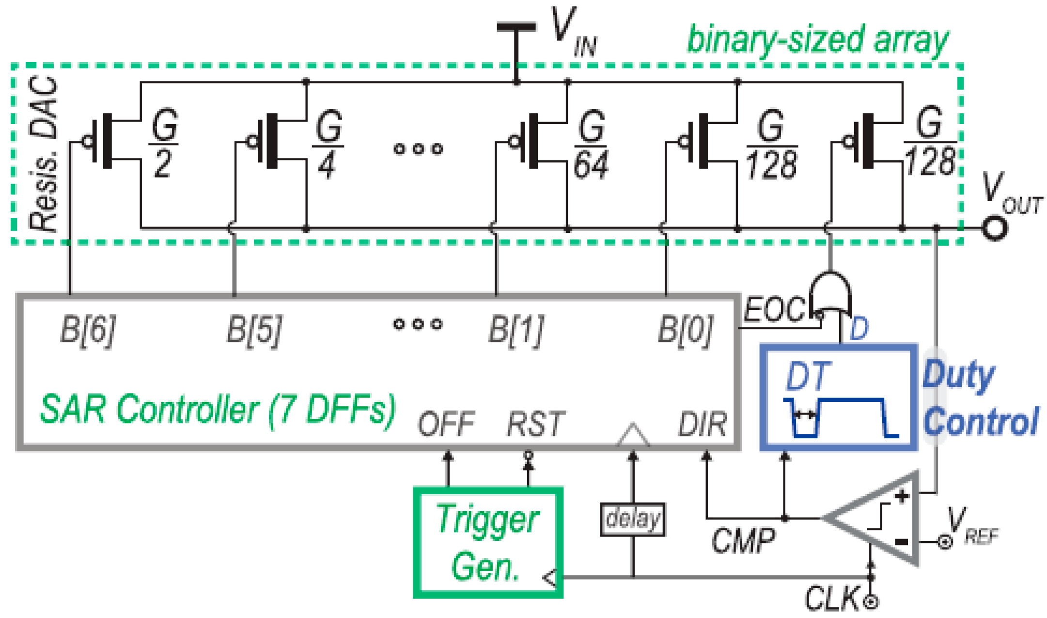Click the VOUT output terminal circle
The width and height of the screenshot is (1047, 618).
[x=995, y=228]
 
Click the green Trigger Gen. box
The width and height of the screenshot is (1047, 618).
[x=488, y=542]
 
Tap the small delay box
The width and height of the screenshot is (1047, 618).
[x=632, y=519]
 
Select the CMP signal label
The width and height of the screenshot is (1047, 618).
[x=742, y=540]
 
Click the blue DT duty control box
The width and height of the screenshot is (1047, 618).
[x=838, y=397]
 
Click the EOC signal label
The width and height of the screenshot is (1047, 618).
[x=773, y=310]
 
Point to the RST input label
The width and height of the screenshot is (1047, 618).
[x=535, y=424]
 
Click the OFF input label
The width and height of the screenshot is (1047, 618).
[x=446, y=424]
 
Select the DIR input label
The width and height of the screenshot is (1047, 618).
[x=702, y=424]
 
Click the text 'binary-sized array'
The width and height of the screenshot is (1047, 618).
[x=818, y=40]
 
